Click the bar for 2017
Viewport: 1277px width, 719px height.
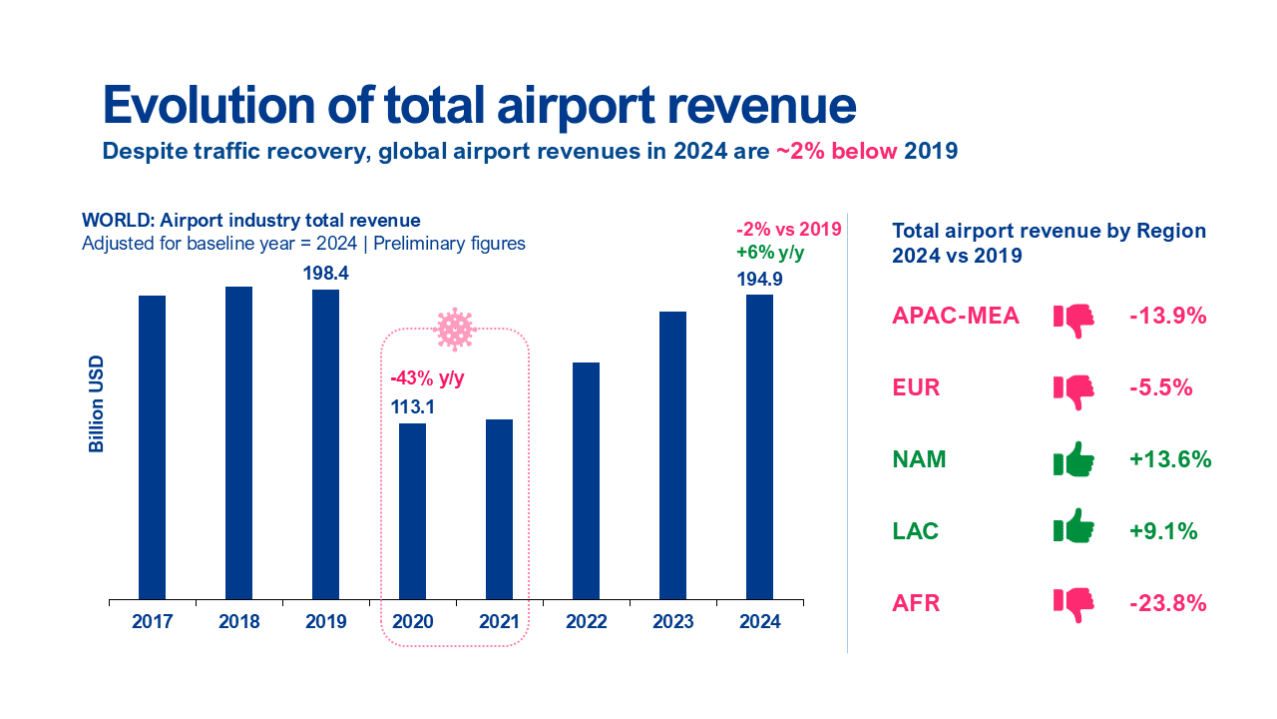pyautogui.click(x=152, y=447)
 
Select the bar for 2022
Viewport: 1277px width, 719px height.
pyautogui.click(x=587, y=480)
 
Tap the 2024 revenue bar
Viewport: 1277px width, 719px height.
pyautogui.click(x=759, y=446)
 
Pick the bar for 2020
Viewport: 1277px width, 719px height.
pyautogui.click(x=412, y=511)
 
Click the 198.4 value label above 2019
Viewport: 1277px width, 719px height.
pyautogui.click(x=325, y=273)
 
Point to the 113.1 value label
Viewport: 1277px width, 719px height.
pyautogui.click(x=412, y=406)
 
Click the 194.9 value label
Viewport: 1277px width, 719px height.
pyautogui.click(x=759, y=280)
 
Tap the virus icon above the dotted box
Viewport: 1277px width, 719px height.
pyautogui.click(x=455, y=329)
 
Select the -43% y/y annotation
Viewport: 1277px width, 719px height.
pyautogui.click(x=427, y=378)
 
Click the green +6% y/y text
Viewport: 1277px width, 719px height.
pyautogui.click(x=770, y=254)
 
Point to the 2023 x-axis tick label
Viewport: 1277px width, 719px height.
pyautogui.click(x=673, y=622)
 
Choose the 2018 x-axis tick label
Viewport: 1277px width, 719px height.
pyautogui.click(x=238, y=622)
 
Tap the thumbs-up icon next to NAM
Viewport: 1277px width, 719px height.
pyautogui.click(x=1074, y=460)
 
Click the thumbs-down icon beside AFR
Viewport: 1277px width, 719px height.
pyautogui.click(x=1074, y=604)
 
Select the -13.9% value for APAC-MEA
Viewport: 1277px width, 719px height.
pyautogui.click(x=1168, y=317)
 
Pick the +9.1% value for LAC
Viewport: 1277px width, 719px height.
pyautogui.click(x=1163, y=532)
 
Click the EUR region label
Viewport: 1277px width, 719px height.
pyautogui.click(x=916, y=388)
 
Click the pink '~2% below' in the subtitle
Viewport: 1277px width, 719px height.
pyautogui.click(x=837, y=152)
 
